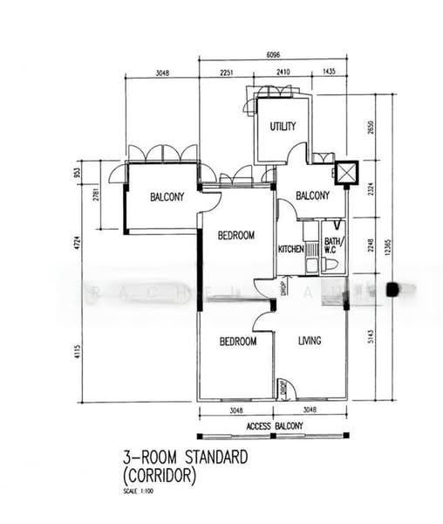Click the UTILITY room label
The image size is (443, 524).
(283, 127)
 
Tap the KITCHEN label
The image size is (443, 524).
(290, 249)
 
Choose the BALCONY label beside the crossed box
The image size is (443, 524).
(312, 196)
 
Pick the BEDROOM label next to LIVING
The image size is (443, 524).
(237, 341)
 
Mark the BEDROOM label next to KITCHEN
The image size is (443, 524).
(235, 235)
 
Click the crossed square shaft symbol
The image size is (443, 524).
(347, 174)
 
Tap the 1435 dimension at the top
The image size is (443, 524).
(329, 73)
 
